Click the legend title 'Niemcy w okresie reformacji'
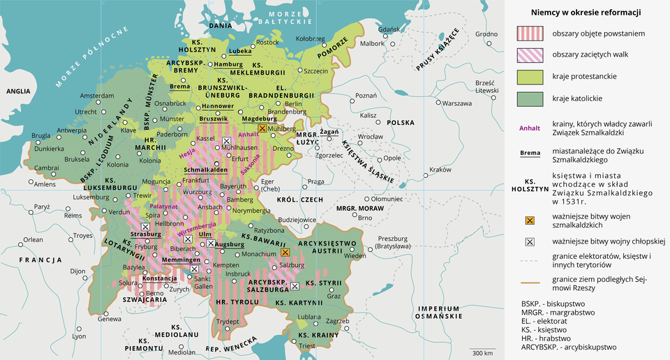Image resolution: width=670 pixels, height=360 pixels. tap(586, 13)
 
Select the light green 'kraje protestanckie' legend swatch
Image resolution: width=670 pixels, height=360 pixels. tap(529, 75)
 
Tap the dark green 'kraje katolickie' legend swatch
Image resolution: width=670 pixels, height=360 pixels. tap(529, 98)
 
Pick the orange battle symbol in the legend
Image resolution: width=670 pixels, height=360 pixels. tap(529, 220)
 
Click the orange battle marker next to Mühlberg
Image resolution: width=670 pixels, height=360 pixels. tap(262, 129)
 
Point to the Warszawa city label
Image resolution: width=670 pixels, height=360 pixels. tap(457, 103)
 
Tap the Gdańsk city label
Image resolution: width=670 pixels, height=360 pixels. tap(389, 29)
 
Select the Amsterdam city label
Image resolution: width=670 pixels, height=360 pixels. tap(96, 96)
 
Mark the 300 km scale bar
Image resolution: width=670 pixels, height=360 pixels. tap(482, 352)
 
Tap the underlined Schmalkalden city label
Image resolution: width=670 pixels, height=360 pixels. tap(206, 170)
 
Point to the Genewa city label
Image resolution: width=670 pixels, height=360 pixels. tap(109, 319)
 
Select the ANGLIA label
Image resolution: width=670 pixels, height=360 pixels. tap(18, 91)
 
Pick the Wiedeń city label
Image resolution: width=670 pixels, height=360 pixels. tap(355, 256)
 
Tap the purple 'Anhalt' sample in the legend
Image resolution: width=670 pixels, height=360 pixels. tap(529, 128)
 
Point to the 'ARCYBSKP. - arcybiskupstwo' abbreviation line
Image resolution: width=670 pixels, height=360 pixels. tap(569, 346)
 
